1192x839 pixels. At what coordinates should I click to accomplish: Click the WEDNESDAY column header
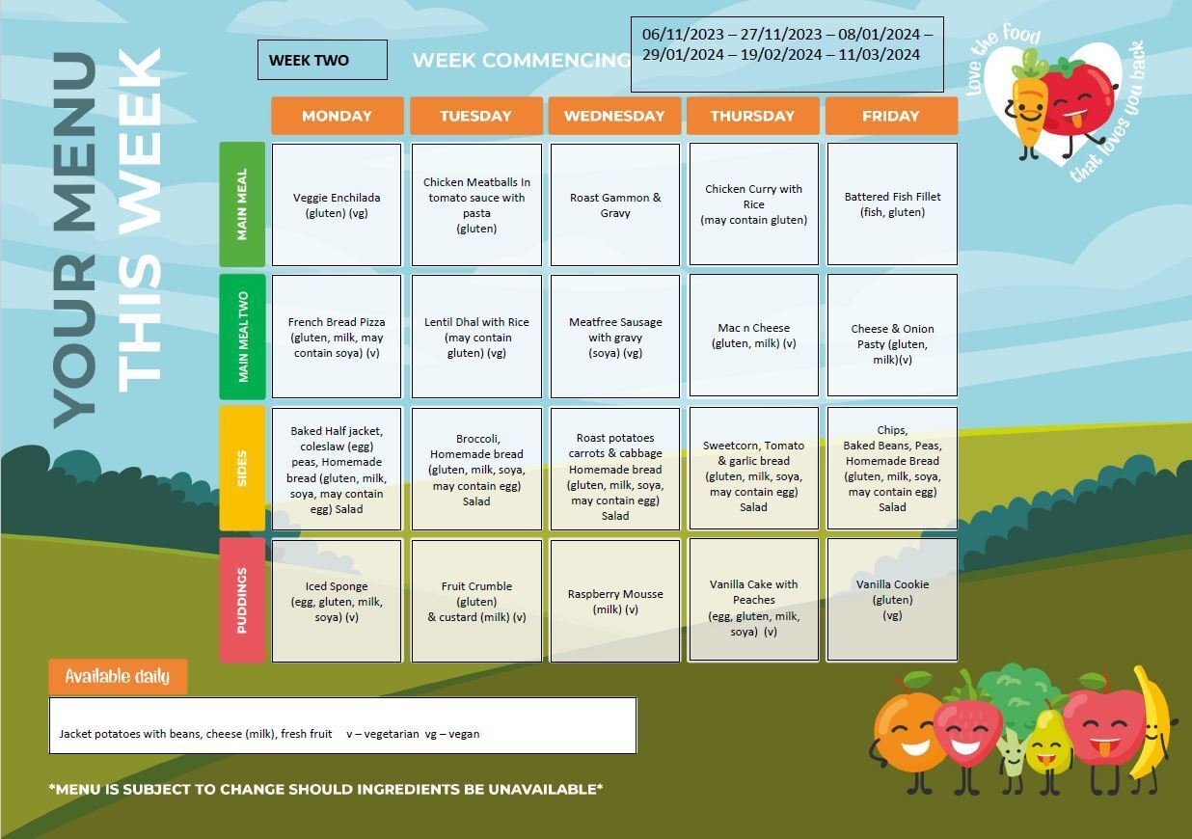point(614,116)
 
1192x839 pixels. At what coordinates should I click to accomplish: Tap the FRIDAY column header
point(891,116)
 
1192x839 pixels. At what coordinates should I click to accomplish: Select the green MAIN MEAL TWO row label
point(243,337)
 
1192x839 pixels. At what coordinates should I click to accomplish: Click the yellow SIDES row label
point(243,468)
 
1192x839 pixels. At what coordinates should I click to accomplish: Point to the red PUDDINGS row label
point(243,600)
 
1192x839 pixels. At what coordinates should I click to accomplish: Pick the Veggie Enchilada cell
point(337,204)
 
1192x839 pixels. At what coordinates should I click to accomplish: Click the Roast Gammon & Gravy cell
point(615,204)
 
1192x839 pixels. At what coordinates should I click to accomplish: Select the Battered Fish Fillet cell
point(892,203)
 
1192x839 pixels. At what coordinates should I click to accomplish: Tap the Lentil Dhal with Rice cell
point(476,337)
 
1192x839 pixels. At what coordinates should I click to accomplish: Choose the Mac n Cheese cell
point(754,336)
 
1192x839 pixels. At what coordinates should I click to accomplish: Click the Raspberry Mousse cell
point(615,601)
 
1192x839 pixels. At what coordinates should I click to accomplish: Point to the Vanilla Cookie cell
point(892,600)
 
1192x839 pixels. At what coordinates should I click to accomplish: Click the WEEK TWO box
point(322,60)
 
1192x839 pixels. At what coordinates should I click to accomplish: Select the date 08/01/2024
point(880,34)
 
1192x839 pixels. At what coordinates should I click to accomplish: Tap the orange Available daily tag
point(118,676)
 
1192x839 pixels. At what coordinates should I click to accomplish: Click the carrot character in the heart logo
point(1028,106)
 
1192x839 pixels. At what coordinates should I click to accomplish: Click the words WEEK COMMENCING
point(522,60)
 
